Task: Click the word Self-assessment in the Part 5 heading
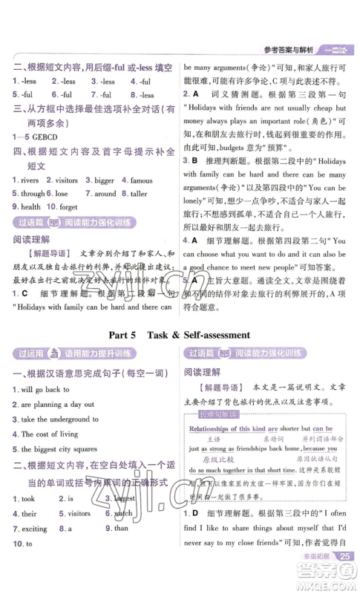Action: pos(211,334)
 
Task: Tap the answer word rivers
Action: pos(30,180)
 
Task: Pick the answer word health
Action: pos(31,206)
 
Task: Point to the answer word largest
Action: pos(124,498)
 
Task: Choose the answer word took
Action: pos(28,498)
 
